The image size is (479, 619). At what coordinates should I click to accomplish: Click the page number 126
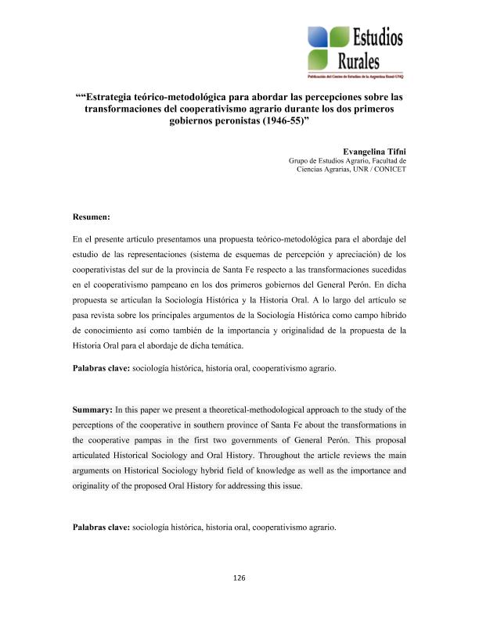tap(239, 578)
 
